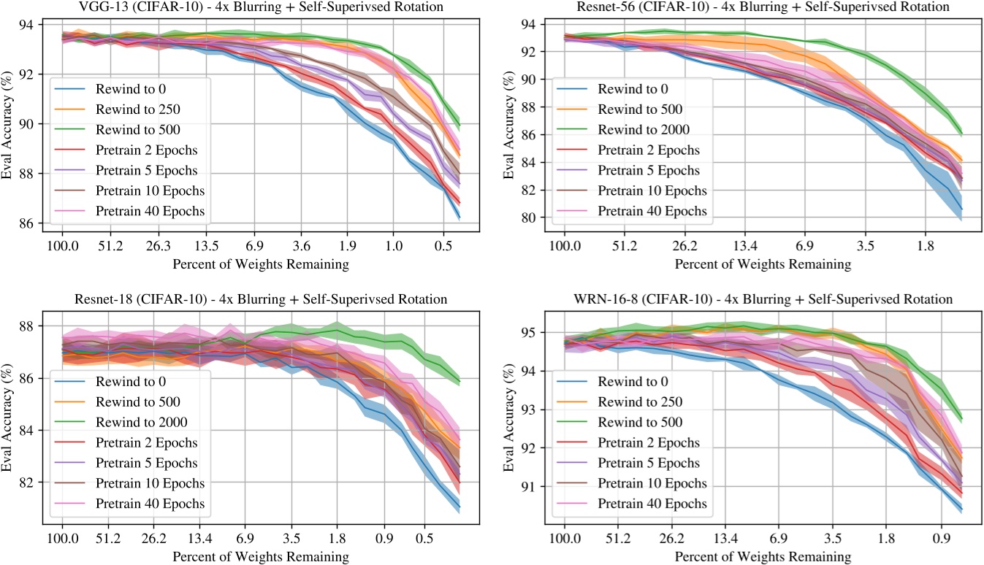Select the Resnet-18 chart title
pos(261,299)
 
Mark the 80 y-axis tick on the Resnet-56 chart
pos(536,218)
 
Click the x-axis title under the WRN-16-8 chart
pos(763,557)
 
